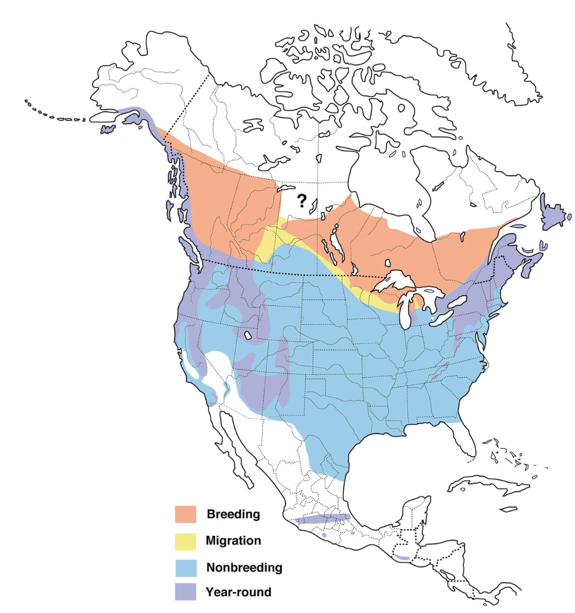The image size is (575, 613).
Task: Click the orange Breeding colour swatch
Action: [x=186, y=514]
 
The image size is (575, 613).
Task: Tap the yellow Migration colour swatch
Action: [x=186, y=540]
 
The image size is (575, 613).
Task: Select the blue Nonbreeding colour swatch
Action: [x=186, y=566]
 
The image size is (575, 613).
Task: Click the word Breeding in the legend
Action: [x=233, y=514]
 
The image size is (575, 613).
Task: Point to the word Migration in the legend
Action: [x=233, y=541]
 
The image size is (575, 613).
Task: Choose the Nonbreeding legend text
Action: [x=244, y=567]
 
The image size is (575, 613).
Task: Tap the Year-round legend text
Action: [x=238, y=592]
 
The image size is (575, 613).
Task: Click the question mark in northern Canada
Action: [x=301, y=201]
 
